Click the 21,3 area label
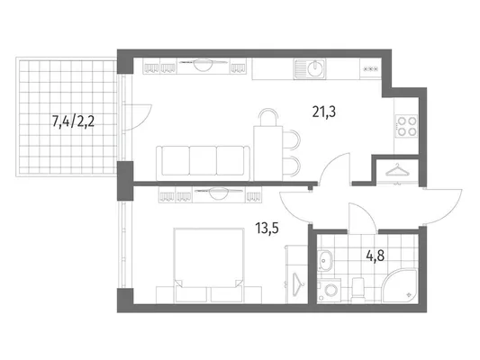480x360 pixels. (324, 112)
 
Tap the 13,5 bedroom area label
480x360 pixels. (267, 228)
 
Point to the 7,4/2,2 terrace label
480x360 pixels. (73, 121)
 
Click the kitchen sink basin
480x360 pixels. (314, 68)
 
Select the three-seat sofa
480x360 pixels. (203, 163)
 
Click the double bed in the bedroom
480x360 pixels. (209, 265)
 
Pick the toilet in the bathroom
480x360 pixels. (358, 290)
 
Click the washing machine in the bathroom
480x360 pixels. (330, 290)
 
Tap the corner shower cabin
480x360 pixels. (400, 286)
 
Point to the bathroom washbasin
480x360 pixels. (324, 261)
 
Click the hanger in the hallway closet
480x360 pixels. (397, 170)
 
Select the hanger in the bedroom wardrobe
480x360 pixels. (296, 284)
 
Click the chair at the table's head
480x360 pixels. (268, 117)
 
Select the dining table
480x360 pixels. (267, 153)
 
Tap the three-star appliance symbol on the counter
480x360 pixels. (370, 69)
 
